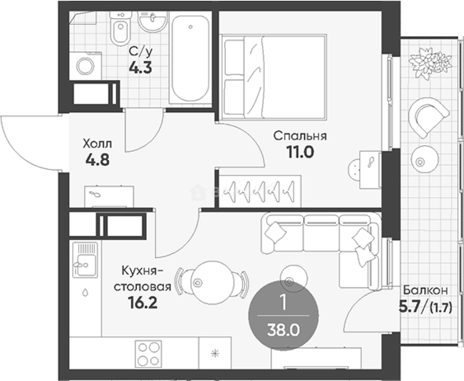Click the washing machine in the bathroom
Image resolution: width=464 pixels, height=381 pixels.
pyautogui.click(x=85, y=66)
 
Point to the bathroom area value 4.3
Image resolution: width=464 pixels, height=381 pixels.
pyautogui.click(x=140, y=68)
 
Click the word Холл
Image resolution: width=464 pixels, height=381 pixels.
pyautogui.click(x=97, y=144)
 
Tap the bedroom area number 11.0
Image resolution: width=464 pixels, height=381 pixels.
pyautogui.click(x=300, y=152)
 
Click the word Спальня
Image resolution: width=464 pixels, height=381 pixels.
pyautogui.click(x=300, y=136)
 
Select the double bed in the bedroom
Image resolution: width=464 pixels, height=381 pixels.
pyautogui.click(x=274, y=77)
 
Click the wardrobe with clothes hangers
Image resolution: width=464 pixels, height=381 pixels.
pyautogui.click(x=260, y=191)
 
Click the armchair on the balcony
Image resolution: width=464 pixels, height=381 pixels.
pyautogui.click(x=428, y=118)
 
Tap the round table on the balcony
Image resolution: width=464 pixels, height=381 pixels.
pyautogui.click(x=425, y=159)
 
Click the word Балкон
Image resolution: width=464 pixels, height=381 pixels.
pyautogui.click(x=425, y=290)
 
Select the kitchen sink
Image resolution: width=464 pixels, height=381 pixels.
pyautogui.click(x=85, y=260)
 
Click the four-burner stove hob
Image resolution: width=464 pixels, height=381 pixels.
pyautogui.click(x=148, y=354)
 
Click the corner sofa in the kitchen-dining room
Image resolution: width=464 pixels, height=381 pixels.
pyautogui.click(x=322, y=247)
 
